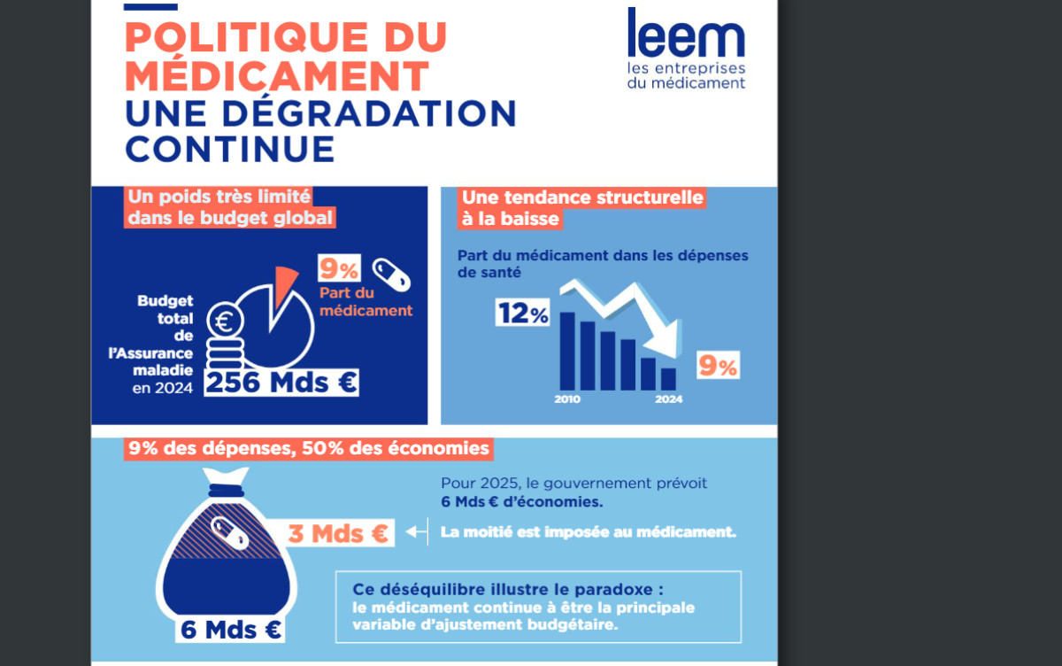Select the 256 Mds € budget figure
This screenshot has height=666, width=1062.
point(281,382)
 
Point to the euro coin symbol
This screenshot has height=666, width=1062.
point(222,320)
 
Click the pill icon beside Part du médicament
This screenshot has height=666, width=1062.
point(391,275)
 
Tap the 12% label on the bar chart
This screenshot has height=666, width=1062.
point(522,314)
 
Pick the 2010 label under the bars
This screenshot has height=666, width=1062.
point(567,400)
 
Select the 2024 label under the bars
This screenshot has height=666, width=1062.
point(668,400)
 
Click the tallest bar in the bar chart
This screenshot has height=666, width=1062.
point(567,351)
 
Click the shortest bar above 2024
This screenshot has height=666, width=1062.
point(668,379)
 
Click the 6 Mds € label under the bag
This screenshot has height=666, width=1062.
point(231,631)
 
